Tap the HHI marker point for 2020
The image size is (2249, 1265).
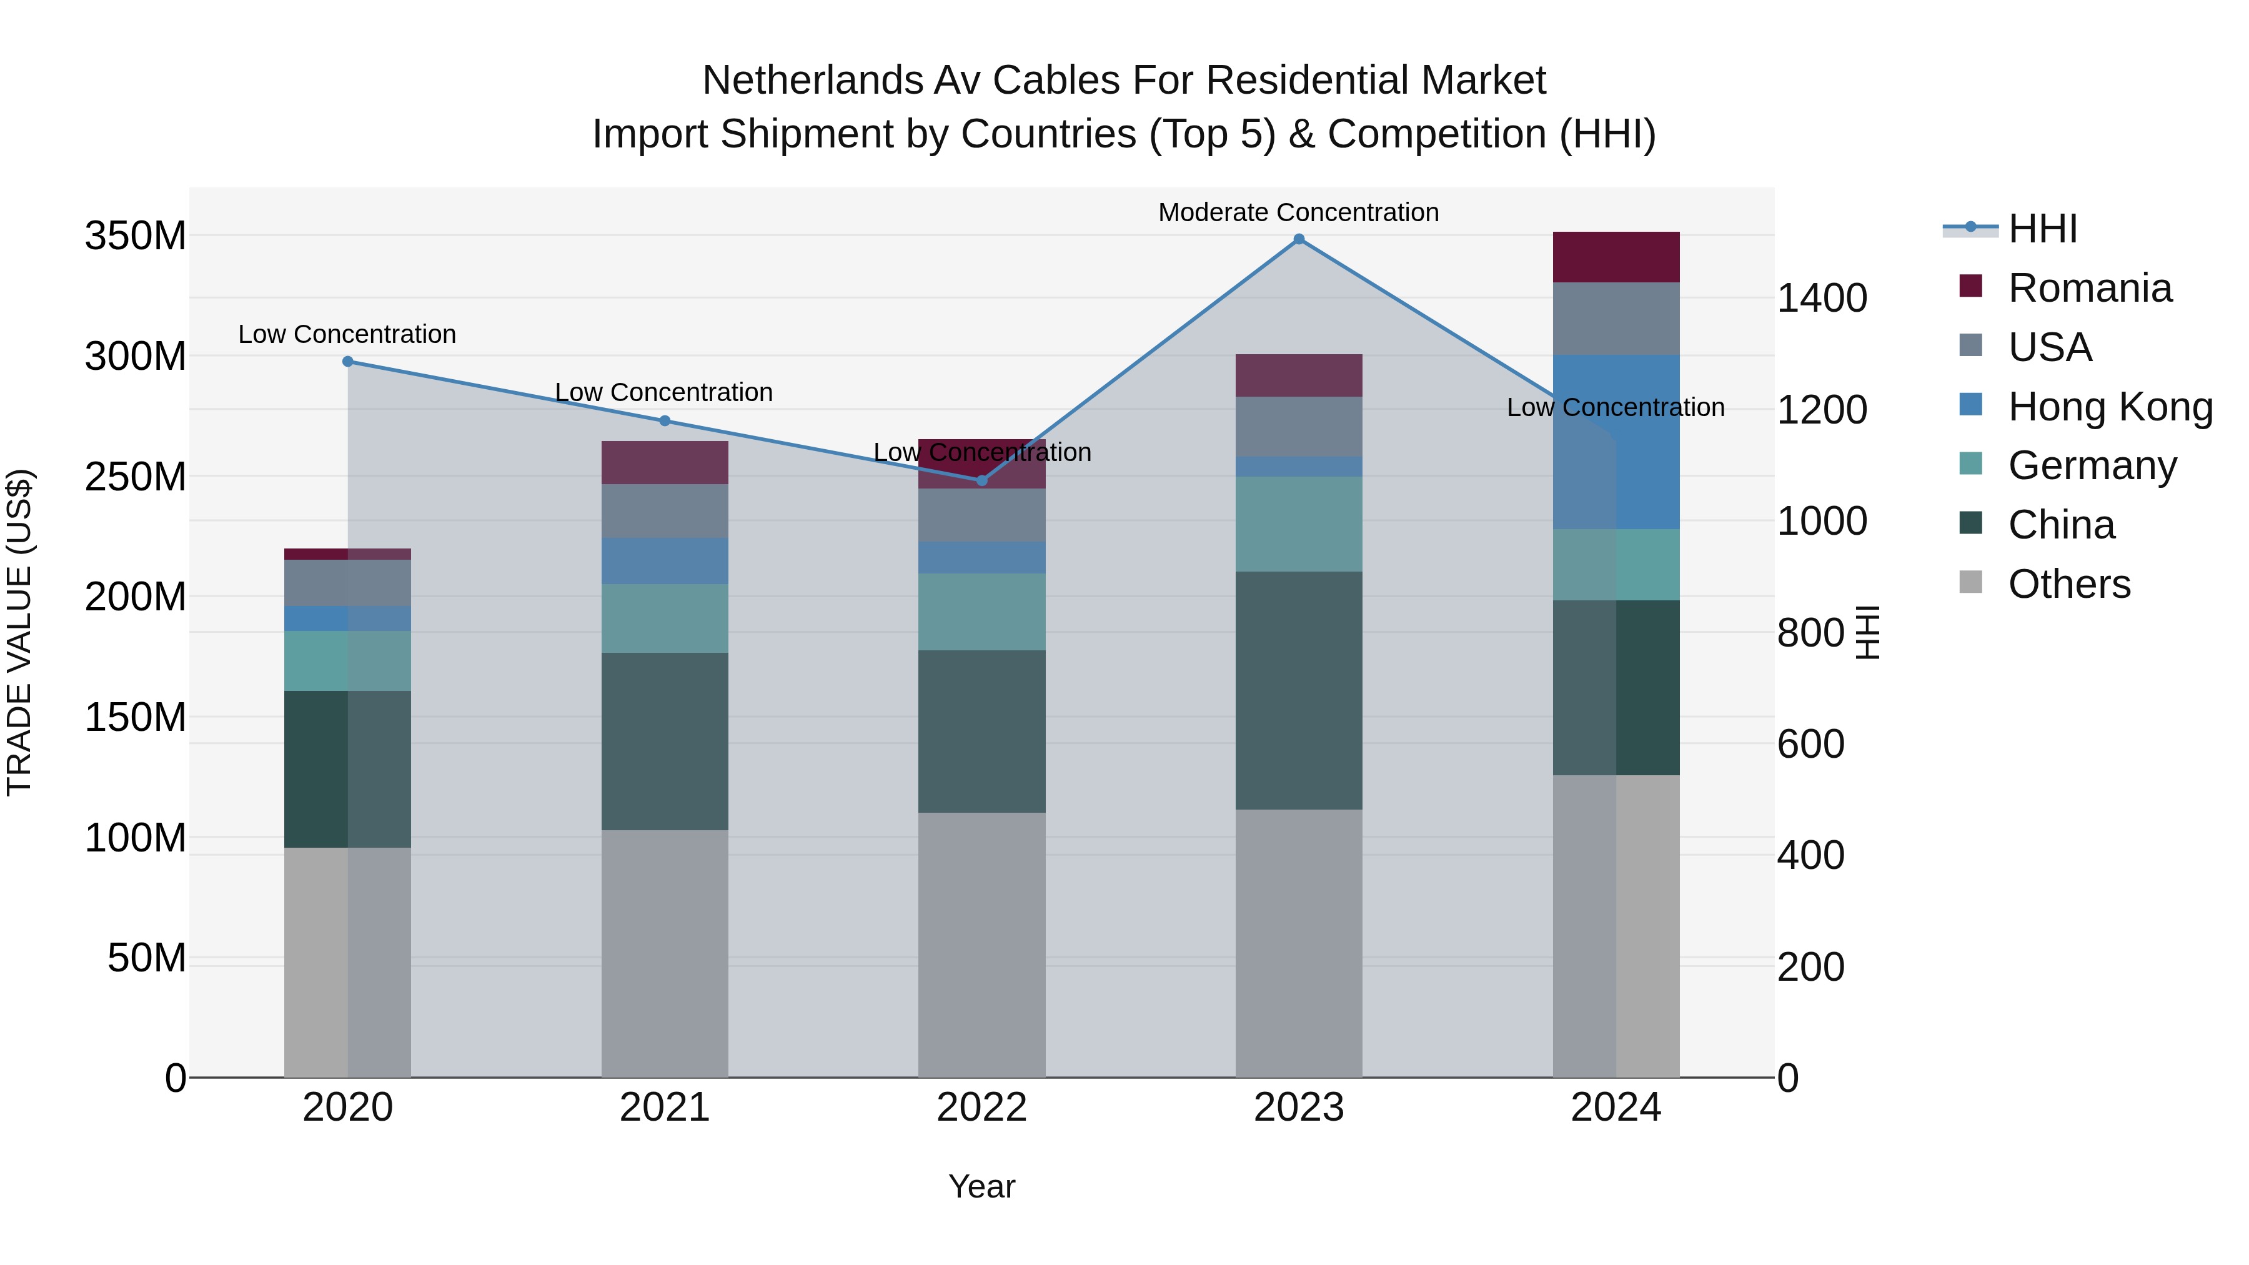coord(347,362)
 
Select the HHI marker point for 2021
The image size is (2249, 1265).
coord(665,421)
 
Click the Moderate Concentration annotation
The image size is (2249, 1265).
coord(1298,212)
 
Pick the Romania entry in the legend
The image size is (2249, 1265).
coord(2089,288)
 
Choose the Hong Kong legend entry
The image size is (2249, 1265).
coord(2109,407)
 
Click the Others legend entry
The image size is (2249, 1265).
coord(2068,584)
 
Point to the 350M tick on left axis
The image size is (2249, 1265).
coord(136,236)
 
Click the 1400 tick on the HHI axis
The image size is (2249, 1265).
coord(1822,299)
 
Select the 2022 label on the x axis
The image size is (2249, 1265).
coord(981,1108)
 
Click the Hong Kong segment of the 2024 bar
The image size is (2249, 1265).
coord(1616,442)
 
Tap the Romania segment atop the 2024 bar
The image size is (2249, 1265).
coord(1616,257)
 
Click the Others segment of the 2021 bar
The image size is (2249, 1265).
coord(665,953)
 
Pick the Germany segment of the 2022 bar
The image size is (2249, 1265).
coord(981,612)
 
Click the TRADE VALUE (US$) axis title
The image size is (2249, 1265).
coord(19,632)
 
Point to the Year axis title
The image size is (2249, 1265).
coord(981,1186)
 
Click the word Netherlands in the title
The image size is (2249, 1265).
coord(812,81)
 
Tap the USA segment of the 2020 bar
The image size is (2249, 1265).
coord(347,583)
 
